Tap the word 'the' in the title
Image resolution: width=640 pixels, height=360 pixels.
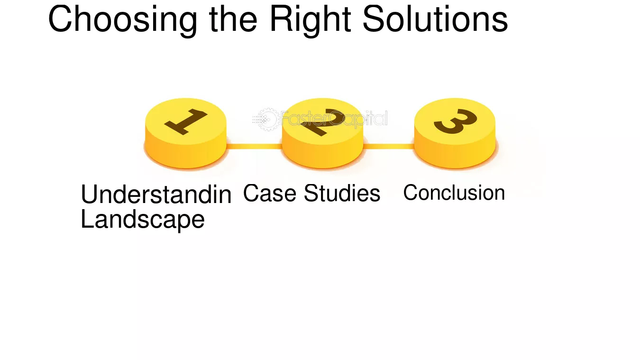click(x=233, y=19)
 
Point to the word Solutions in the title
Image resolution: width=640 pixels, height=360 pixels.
click(x=435, y=19)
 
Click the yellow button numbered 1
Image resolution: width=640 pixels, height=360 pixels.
click(x=186, y=133)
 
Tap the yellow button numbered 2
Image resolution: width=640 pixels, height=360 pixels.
click(x=322, y=133)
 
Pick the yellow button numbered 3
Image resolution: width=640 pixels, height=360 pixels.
click(x=455, y=133)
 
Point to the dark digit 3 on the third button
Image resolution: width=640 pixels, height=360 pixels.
click(x=455, y=121)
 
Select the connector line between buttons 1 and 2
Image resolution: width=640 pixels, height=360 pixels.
click(x=254, y=147)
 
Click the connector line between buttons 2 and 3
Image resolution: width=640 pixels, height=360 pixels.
click(x=389, y=147)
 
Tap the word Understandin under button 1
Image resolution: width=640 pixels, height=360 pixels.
click(x=156, y=194)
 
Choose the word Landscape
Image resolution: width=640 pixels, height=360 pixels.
click(x=143, y=219)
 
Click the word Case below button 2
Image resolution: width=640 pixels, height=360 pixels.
click(x=270, y=193)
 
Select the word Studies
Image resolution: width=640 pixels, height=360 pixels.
click(x=342, y=193)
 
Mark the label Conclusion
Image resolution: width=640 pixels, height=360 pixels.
click(x=454, y=193)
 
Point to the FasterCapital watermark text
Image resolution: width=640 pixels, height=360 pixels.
click(x=334, y=119)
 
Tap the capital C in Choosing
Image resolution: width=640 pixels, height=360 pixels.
click(x=60, y=19)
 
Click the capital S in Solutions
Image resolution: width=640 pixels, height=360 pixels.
click(x=374, y=19)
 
